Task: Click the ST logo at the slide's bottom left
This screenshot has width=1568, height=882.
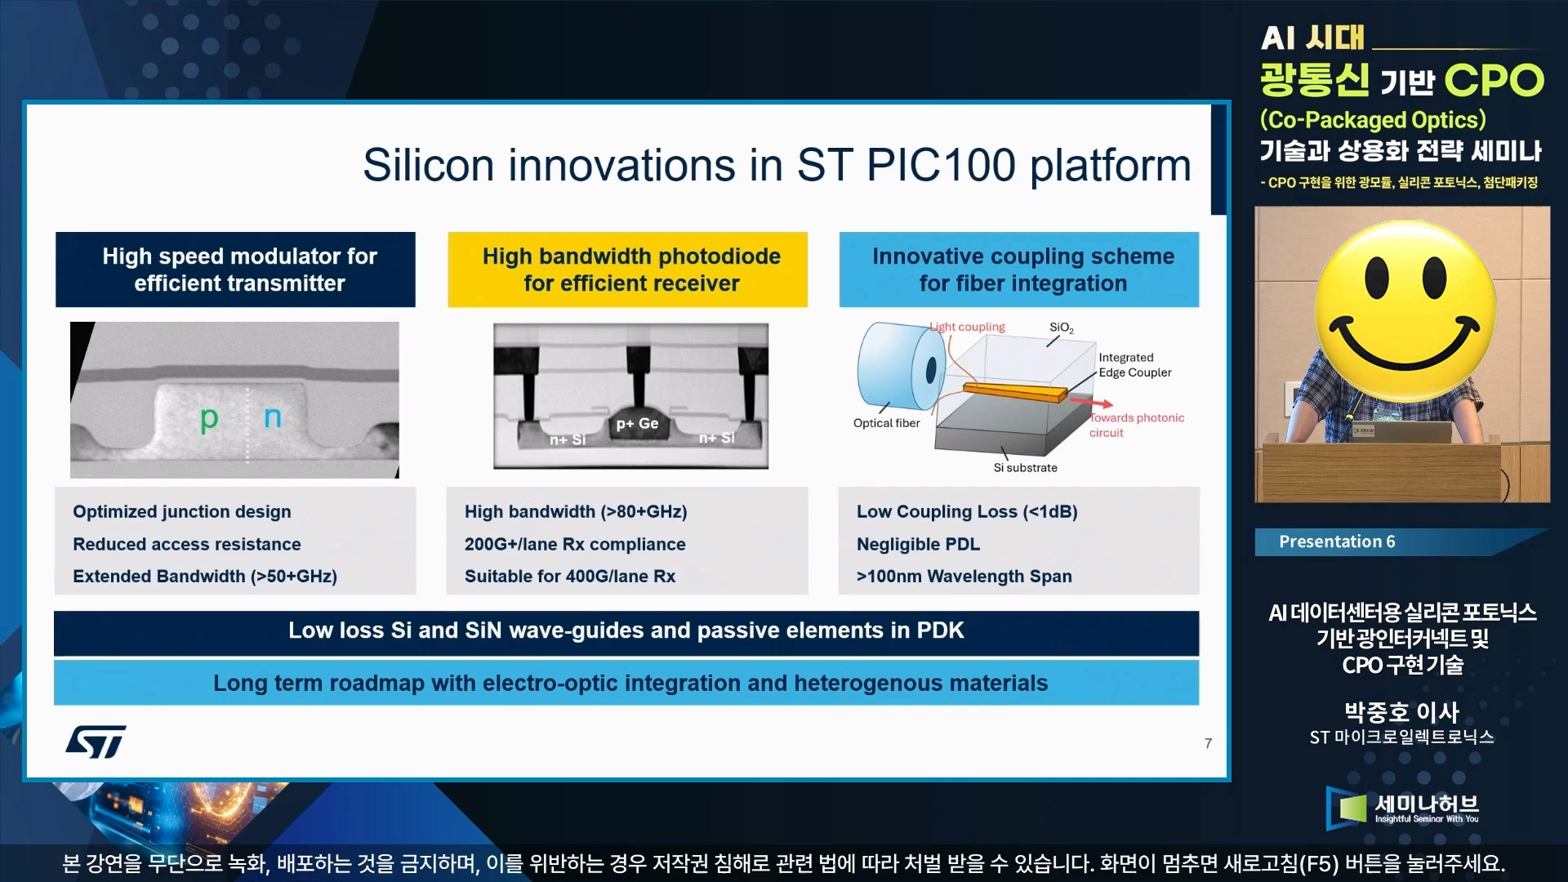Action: pyautogui.click(x=96, y=741)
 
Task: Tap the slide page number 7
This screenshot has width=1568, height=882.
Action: pyautogui.click(x=1208, y=743)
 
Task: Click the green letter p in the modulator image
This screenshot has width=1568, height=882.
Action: pyautogui.click(x=209, y=420)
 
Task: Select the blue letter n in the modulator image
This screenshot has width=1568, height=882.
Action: pyautogui.click(x=273, y=417)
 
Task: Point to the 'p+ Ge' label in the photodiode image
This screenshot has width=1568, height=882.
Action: pyautogui.click(x=637, y=423)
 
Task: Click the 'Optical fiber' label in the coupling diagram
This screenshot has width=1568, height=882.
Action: pyautogui.click(x=886, y=423)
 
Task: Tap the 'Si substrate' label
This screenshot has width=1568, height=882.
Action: pyautogui.click(x=1025, y=468)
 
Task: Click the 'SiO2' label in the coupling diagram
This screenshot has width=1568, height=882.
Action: pyautogui.click(x=1062, y=327)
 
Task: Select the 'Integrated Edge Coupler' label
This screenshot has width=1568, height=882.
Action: pyautogui.click(x=1134, y=365)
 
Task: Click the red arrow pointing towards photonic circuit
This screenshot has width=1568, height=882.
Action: pyautogui.click(x=1090, y=402)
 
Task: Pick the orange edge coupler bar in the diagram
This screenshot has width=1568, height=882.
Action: pyautogui.click(x=1015, y=392)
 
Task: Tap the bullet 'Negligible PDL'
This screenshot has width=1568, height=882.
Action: pyautogui.click(x=918, y=544)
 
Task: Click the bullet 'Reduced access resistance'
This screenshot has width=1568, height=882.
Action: pyautogui.click(x=187, y=544)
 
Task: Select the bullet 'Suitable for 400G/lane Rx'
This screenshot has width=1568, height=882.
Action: pyautogui.click(x=570, y=577)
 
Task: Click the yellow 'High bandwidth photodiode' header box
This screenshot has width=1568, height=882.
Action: pyautogui.click(x=627, y=269)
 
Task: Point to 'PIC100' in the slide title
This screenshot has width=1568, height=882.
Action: pyautogui.click(x=941, y=165)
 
